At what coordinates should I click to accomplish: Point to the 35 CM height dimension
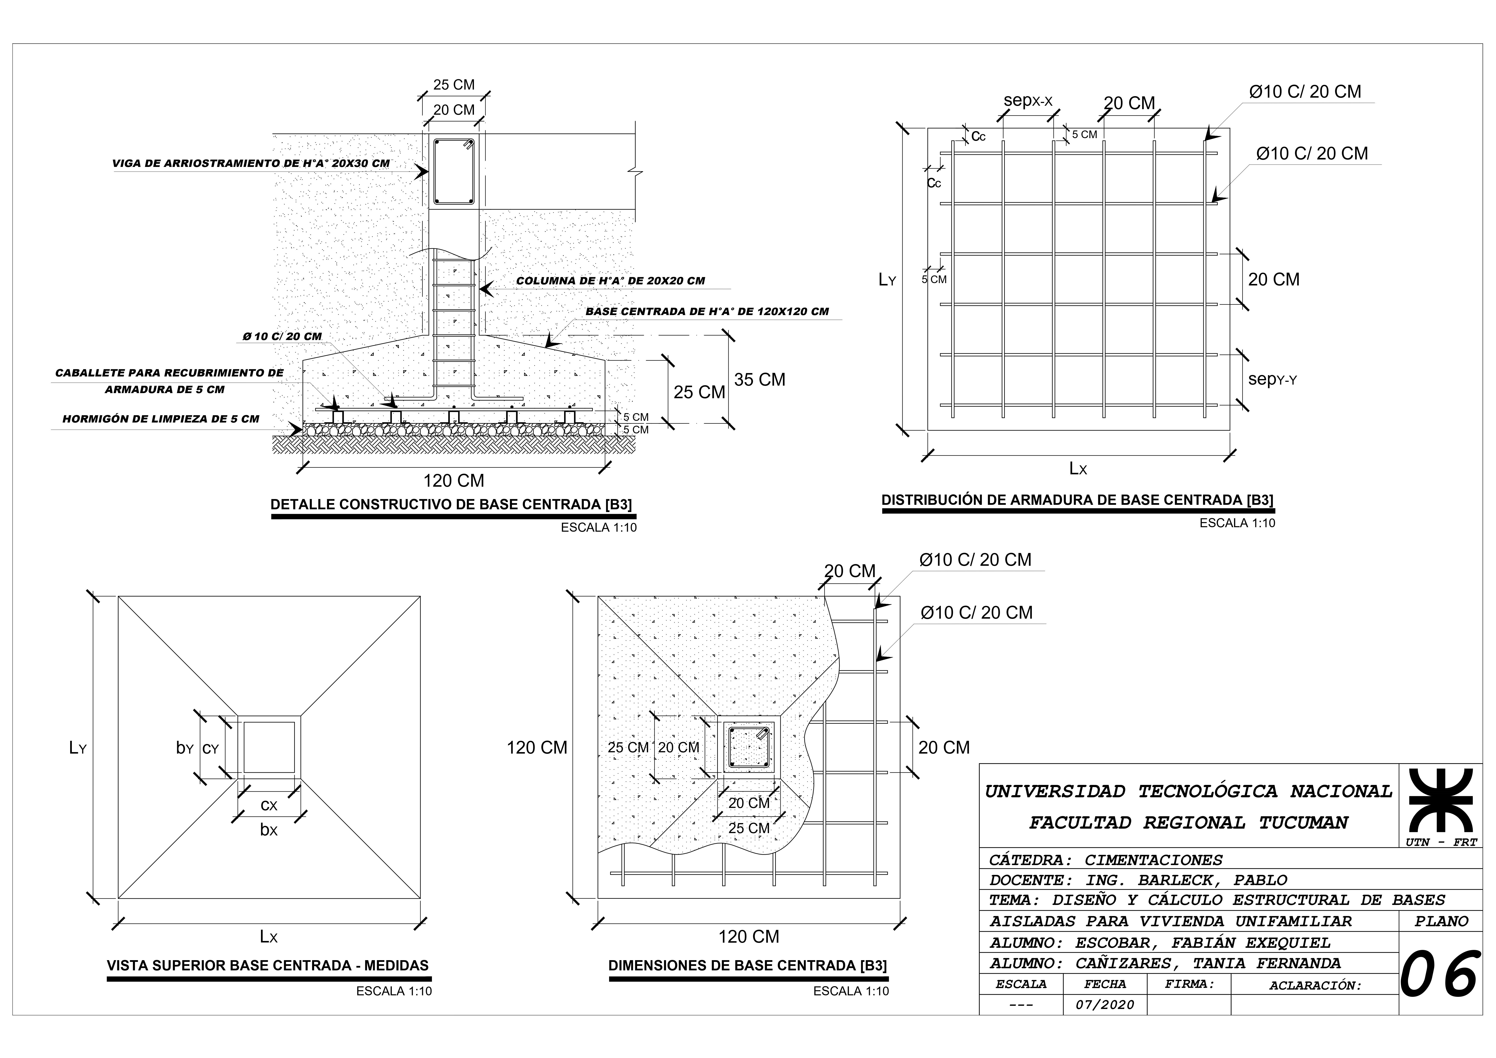click(x=760, y=380)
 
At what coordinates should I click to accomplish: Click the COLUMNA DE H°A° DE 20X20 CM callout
click(x=611, y=281)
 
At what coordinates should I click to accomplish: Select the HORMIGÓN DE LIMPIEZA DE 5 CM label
click(x=161, y=419)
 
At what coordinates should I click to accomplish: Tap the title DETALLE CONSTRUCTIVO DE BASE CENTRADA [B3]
click(x=451, y=504)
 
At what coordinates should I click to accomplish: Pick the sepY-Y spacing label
click(x=1272, y=379)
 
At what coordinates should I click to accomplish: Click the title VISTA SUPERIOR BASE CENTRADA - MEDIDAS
click(x=268, y=965)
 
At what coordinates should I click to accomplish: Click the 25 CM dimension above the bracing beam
click(x=454, y=85)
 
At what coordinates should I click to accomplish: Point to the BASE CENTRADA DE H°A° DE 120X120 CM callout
click(x=707, y=311)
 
